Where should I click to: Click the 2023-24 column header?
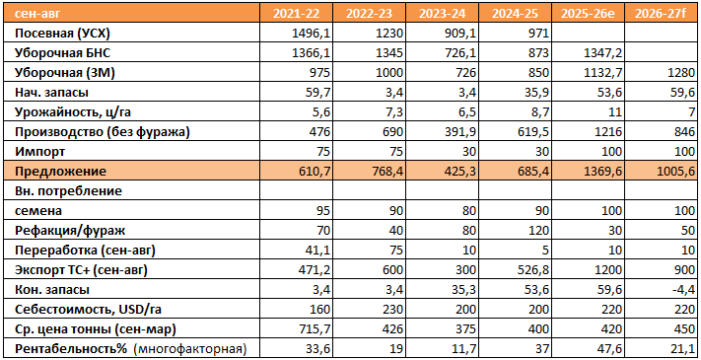(442, 14)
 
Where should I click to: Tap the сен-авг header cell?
(37, 14)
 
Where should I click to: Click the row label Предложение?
(61, 172)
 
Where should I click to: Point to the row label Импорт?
(39, 152)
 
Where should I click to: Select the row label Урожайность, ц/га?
(73, 112)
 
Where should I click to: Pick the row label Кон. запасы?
(52, 290)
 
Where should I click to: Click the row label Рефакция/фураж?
(70, 231)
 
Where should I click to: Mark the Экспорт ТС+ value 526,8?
(534, 270)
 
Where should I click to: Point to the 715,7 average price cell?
(315, 329)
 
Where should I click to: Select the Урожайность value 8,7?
(540, 112)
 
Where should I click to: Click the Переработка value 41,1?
(319, 251)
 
